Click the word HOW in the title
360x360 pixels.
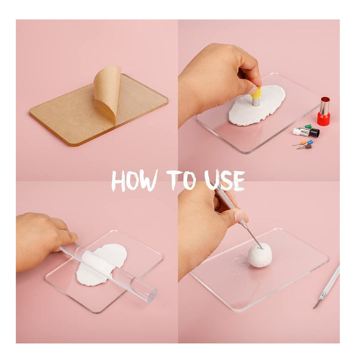(134, 180)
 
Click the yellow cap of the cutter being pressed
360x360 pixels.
(256, 92)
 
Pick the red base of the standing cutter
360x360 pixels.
(324, 118)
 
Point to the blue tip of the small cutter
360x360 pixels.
(310, 142)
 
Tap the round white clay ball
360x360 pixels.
(260, 255)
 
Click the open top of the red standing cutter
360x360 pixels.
(325, 99)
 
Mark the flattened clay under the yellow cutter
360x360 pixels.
(256, 105)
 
